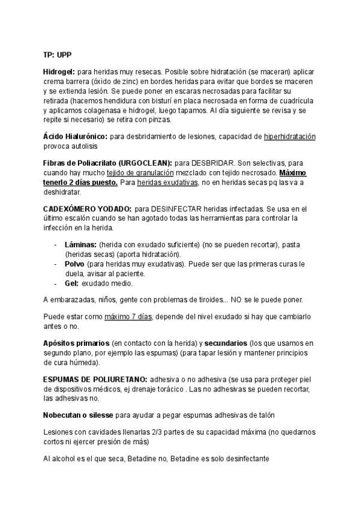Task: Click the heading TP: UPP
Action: pos(58,55)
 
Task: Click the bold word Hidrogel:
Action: pos(59,71)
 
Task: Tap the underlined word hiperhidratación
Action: pos(290,137)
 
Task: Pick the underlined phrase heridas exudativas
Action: pos(161,182)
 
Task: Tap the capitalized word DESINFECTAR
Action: pos(178,208)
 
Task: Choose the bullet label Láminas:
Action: pos(80,245)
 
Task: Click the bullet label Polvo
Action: pos(74,264)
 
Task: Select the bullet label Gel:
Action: pos(71,283)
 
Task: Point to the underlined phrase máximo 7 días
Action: pos(128,316)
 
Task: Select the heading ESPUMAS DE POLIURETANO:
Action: pos(95,379)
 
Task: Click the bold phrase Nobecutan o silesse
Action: pos(78,415)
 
